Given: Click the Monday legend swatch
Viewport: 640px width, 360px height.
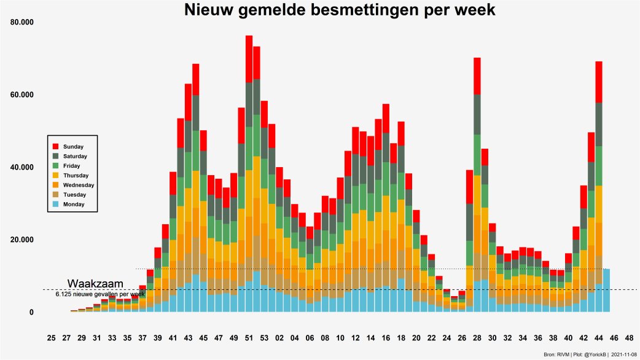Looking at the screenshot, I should (x=55, y=204).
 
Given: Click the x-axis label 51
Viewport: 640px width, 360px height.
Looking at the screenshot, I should (x=249, y=338).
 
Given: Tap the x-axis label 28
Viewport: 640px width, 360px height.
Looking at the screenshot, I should (x=477, y=338).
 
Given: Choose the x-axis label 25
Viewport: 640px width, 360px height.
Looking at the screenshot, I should (x=51, y=338).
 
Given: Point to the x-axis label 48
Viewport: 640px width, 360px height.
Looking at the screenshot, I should (x=629, y=338).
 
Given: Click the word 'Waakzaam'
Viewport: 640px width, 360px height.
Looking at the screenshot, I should (x=95, y=284).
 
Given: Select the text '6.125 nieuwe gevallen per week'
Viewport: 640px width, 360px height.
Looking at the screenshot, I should (x=100, y=295).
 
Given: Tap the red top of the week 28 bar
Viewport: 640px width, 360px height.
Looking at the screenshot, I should (x=477, y=76).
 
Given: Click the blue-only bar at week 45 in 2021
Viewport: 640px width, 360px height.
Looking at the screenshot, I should (x=606, y=290).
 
